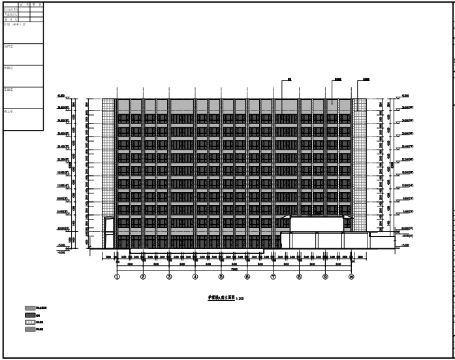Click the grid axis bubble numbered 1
118,277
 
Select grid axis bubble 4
195,277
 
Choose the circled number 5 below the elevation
221,277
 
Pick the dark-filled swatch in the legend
29,314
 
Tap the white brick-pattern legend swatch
29,321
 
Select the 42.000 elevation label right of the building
405,95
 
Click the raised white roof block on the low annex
317,224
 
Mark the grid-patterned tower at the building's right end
361,163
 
